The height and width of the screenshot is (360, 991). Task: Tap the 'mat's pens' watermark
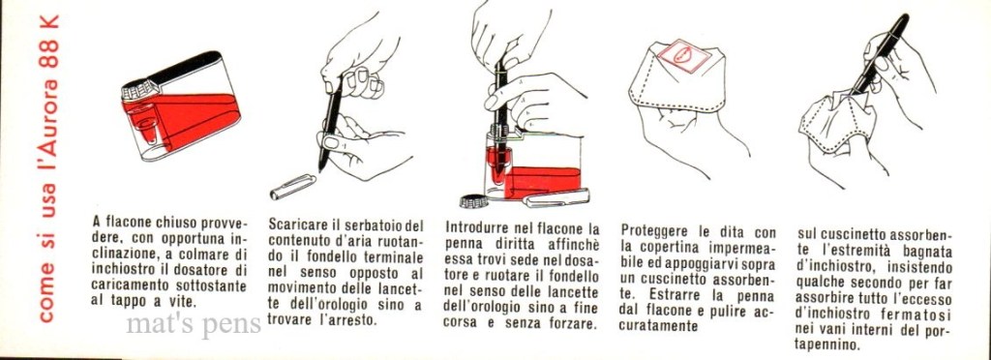pyautogui.click(x=194, y=324)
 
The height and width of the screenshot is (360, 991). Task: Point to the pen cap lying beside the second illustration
pyautogui.click(x=292, y=187)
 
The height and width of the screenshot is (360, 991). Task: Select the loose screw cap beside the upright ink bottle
pyautogui.click(x=474, y=202)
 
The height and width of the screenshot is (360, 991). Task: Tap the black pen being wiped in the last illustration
pyautogui.click(x=880, y=53)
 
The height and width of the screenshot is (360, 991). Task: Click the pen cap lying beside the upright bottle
pyautogui.click(x=556, y=197)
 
